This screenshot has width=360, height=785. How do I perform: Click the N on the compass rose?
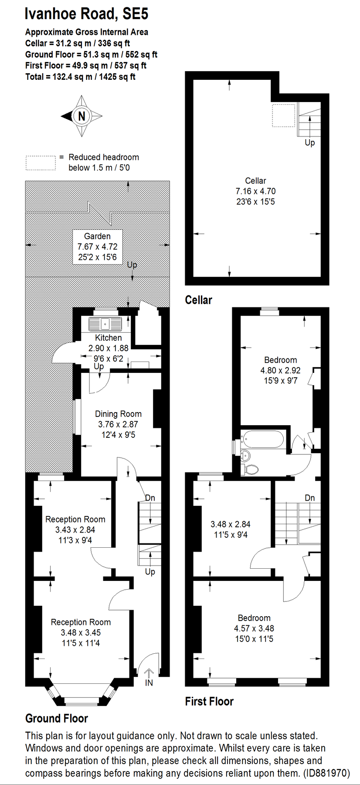pyautogui.click(x=82, y=116)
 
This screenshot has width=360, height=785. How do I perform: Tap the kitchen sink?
pyautogui.click(x=105, y=324)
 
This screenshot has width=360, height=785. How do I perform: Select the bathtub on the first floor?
pyautogui.click(x=263, y=440)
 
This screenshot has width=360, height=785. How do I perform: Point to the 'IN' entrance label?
pyautogui.click(x=149, y=683)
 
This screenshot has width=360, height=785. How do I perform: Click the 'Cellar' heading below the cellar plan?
pyautogui.click(x=198, y=300)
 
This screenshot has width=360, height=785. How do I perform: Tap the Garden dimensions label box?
pyautogui.click(x=97, y=247)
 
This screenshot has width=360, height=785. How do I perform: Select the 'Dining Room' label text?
pyautogui.click(x=118, y=414)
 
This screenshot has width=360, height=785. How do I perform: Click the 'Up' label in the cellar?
pyautogui.click(x=309, y=143)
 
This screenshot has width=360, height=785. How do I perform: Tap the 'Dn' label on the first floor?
pyautogui.click(x=309, y=498)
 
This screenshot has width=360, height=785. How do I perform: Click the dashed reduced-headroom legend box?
pyautogui.click(x=41, y=163)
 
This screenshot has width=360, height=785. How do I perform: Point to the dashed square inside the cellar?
pyautogui.click(x=283, y=115)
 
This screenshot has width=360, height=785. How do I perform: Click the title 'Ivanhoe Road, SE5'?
pyautogui.click(x=86, y=14)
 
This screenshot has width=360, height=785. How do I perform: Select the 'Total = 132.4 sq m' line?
pyautogui.click(x=80, y=77)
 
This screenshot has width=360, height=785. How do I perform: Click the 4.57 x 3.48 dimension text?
pyautogui.click(x=254, y=628)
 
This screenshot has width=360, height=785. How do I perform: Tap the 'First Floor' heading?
pyautogui.click(x=209, y=701)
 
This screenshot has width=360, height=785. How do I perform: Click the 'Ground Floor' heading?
pyautogui.click(x=57, y=718)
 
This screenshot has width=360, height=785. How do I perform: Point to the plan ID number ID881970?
pyautogui.click(x=327, y=774)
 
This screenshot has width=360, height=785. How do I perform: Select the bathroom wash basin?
pyautogui.click(x=245, y=455)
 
